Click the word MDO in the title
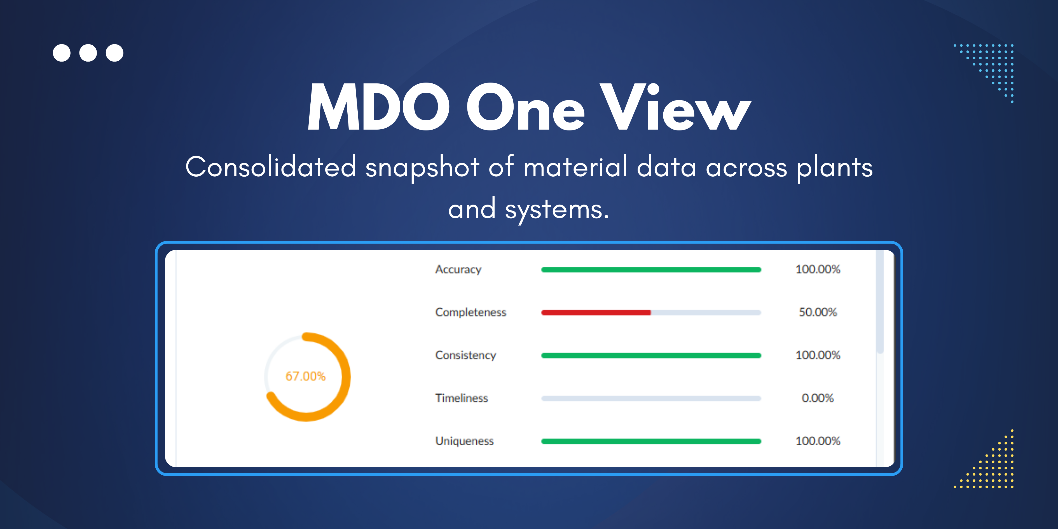tap(379, 107)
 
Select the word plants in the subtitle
tap(835, 168)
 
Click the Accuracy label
tap(458, 270)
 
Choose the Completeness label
tap(471, 312)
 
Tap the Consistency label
tap(465, 355)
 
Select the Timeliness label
tap(462, 398)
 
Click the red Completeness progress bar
tap(596, 313)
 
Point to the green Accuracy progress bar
tap(651, 270)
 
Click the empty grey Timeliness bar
tap(651, 398)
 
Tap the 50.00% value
tap(818, 312)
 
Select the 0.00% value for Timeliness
tap(818, 398)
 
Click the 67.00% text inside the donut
tap(306, 376)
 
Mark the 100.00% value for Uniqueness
tap(818, 441)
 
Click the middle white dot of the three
tap(88, 53)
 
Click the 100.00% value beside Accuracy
tap(818, 270)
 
